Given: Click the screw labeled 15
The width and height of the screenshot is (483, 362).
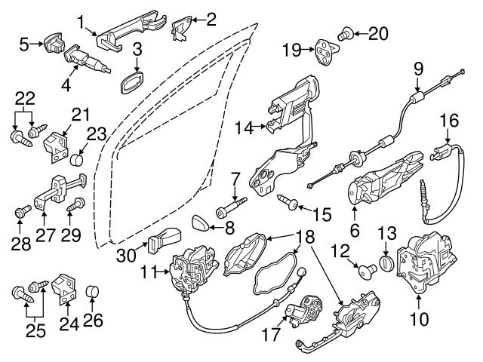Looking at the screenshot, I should tap(291, 201).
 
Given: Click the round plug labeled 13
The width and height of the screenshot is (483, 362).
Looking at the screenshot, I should tap(386, 265).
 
